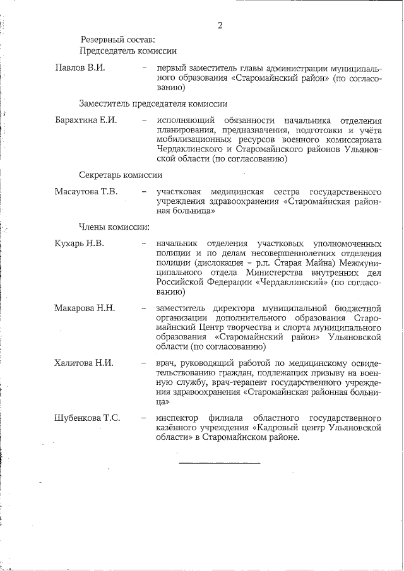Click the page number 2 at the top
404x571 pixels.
coord(219,25)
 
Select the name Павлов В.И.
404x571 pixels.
coord(79,67)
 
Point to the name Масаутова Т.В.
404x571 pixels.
coord(86,191)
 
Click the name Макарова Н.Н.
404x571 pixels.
coord(85,308)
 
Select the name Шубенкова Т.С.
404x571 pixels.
coord(88,417)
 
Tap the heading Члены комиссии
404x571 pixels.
coord(114,226)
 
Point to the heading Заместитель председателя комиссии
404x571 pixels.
coord(153,103)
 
